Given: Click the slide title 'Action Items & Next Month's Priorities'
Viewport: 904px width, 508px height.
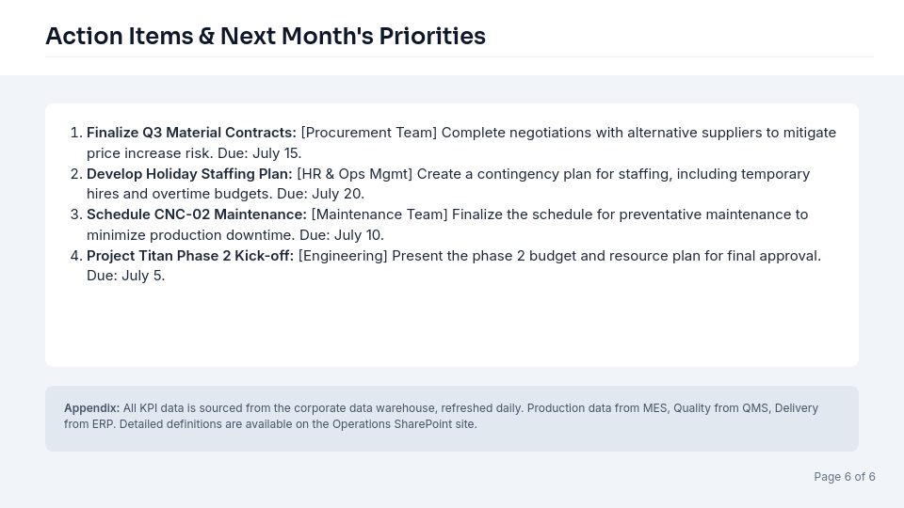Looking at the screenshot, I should [266, 37].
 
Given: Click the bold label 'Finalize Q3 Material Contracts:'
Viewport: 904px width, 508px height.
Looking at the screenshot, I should [191, 133].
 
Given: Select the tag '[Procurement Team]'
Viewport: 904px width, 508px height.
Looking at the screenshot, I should [369, 133].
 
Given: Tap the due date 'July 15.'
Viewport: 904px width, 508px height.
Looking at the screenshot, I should [277, 153].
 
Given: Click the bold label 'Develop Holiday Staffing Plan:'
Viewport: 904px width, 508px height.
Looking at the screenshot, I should [189, 174].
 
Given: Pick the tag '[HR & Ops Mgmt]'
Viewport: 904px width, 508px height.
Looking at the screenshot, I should [355, 174].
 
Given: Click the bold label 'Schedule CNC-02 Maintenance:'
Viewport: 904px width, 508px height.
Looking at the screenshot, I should [197, 214].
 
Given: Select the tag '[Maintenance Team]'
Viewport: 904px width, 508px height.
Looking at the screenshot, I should [379, 214].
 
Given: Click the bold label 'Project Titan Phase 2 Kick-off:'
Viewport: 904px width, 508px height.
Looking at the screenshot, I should [190, 256].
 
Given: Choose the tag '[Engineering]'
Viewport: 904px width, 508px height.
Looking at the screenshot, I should [343, 256].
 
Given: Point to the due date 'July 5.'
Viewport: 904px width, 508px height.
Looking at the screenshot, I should [143, 276].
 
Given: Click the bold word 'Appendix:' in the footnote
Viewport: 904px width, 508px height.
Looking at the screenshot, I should [91, 408].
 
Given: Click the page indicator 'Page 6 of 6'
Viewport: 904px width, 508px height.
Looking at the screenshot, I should [845, 477].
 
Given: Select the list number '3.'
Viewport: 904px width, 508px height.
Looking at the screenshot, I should [76, 214].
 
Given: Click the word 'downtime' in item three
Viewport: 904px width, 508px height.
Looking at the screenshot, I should [260, 235].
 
